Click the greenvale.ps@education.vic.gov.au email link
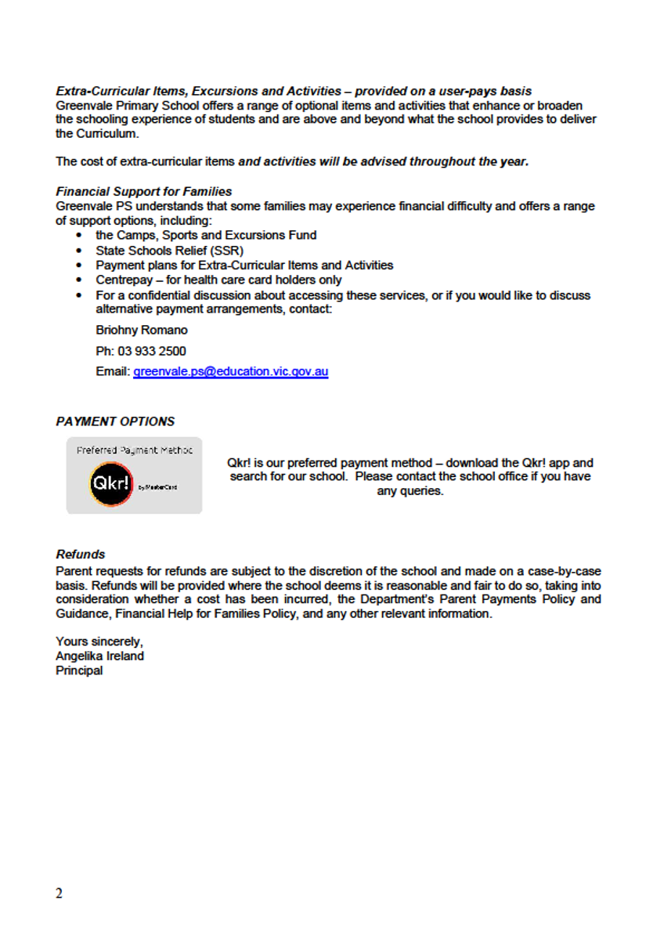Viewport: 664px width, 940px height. click(230, 372)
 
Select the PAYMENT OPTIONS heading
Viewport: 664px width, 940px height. click(115, 421)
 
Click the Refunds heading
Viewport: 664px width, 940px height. click(81, 555)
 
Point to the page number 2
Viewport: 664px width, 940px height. click(60, 894)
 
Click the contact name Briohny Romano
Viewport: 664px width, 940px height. click(142, 331)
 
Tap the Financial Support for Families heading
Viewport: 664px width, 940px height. click(144, 192)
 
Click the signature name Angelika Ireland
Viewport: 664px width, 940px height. click(99, 656)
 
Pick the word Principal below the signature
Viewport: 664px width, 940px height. click(79, 671)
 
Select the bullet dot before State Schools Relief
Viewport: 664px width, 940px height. click(79, 251)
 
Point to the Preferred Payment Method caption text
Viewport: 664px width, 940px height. click(134, 450)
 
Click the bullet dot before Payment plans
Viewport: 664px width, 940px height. click(79, 266)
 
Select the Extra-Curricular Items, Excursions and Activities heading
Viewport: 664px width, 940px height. click(199, 92)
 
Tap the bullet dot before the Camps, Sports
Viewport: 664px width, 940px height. click(79, 236)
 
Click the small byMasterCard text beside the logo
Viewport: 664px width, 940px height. click(157, 487)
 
